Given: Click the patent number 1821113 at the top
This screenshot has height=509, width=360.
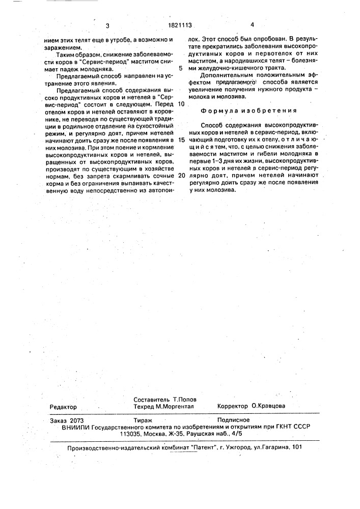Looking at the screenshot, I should coord(180,25).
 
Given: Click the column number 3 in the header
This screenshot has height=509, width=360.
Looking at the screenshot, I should coord(107,25).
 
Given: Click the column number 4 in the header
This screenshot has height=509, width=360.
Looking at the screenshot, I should coord(252,25).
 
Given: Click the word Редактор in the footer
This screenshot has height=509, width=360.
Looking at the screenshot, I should coord(63,407).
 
